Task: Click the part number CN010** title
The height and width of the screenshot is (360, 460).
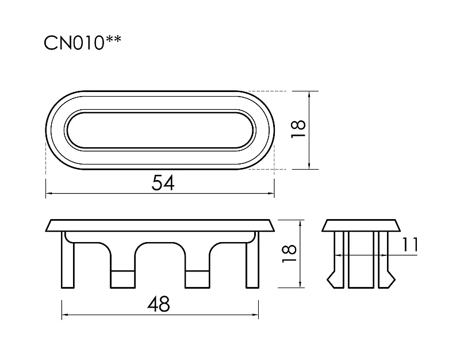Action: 82,43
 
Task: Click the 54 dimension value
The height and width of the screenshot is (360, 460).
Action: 163,183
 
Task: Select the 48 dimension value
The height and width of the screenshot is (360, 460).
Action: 159,304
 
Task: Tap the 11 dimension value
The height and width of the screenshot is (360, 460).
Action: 409,244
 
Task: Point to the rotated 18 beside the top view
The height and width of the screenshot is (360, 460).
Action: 298,129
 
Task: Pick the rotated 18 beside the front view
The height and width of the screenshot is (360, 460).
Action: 289,253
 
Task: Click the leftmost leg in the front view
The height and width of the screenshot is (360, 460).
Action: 68,260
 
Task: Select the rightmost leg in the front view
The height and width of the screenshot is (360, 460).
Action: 252,260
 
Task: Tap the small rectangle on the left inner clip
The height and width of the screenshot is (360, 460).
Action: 123,279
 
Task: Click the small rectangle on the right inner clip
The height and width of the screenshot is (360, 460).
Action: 197,279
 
